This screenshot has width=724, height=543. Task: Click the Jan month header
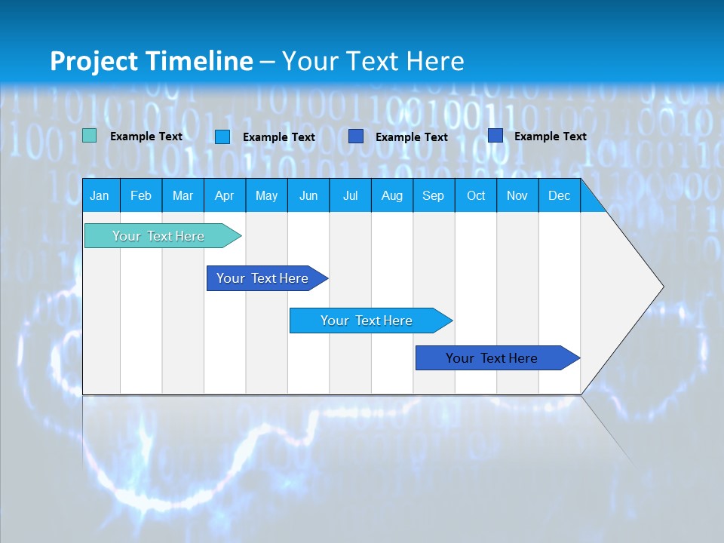(x=100, y=195)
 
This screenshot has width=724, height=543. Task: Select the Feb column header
(x=141, y=195)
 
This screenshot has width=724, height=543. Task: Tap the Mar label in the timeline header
(x=183, y=195)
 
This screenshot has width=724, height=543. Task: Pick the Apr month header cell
(x=224, y=195)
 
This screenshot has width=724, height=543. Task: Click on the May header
(x=266, y=195)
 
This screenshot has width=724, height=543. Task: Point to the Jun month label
(x=308, y=195)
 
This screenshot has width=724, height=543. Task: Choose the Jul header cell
(x=350, y=195)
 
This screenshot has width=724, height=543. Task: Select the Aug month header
(x=391, y=195)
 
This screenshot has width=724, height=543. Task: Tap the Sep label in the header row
(x=433, y=195)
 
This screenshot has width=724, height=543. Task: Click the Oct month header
(x=476, y=195)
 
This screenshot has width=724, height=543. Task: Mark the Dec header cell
(x=559, y=195)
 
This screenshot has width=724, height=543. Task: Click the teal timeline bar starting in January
(x=158, y=236)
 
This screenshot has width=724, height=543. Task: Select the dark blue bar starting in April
(x=262, y=278)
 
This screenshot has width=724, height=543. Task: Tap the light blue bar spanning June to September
(x=367, y=321)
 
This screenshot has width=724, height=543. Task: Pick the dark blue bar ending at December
(x=492, y=358)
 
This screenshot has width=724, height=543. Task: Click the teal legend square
(x=90, y=136)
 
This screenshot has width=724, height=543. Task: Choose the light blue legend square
(x=222, y=137)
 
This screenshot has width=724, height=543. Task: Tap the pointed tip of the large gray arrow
(x=661, y=287)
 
